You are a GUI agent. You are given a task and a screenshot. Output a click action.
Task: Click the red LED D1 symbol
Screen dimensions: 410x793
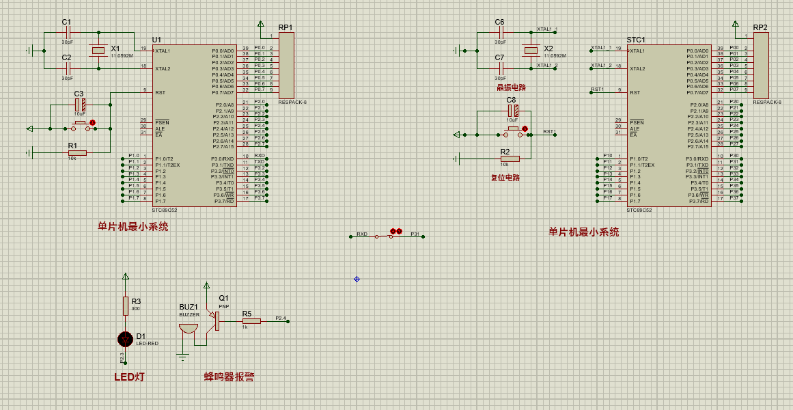click(x=125, y=338)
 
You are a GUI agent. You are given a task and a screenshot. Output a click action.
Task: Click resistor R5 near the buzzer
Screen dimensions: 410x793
click(x=251, y=320)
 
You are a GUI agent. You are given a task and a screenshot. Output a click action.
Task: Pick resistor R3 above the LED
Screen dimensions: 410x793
click(x=125, y=305)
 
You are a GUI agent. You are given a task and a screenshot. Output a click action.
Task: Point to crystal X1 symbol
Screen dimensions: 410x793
click(x=98, y=50)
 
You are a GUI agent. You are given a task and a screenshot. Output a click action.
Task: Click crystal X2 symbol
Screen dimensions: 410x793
click(x=531, y=50)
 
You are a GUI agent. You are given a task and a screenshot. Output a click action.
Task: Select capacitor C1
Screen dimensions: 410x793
click(x=67, y=32)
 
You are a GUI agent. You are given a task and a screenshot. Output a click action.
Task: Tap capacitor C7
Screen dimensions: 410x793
click(x=500, y=68)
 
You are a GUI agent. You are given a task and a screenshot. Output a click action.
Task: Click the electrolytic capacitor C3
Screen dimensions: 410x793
click(x=80, y=105)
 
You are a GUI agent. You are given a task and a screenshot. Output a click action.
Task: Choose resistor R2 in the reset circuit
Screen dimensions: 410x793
click(x=510, y=159)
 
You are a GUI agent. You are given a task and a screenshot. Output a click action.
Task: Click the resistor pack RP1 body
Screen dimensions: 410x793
click(x=286, y=66)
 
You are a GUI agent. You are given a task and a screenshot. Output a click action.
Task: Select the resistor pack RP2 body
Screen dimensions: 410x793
click(x=760, y=66)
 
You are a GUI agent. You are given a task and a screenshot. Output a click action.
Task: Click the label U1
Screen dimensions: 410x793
click(x=157, y=40)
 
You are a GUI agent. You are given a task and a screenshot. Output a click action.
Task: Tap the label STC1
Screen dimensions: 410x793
click(x=636, y=40)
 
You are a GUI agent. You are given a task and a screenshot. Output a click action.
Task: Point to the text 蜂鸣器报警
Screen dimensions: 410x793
click(x=229, y=377)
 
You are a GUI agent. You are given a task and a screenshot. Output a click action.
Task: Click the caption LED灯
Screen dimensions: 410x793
click(x=129, y=377)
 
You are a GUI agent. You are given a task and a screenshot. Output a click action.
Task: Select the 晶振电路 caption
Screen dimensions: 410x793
click(x=511, y=87)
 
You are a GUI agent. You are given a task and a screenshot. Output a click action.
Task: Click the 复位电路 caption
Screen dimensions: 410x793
click(x=505, y=178)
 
